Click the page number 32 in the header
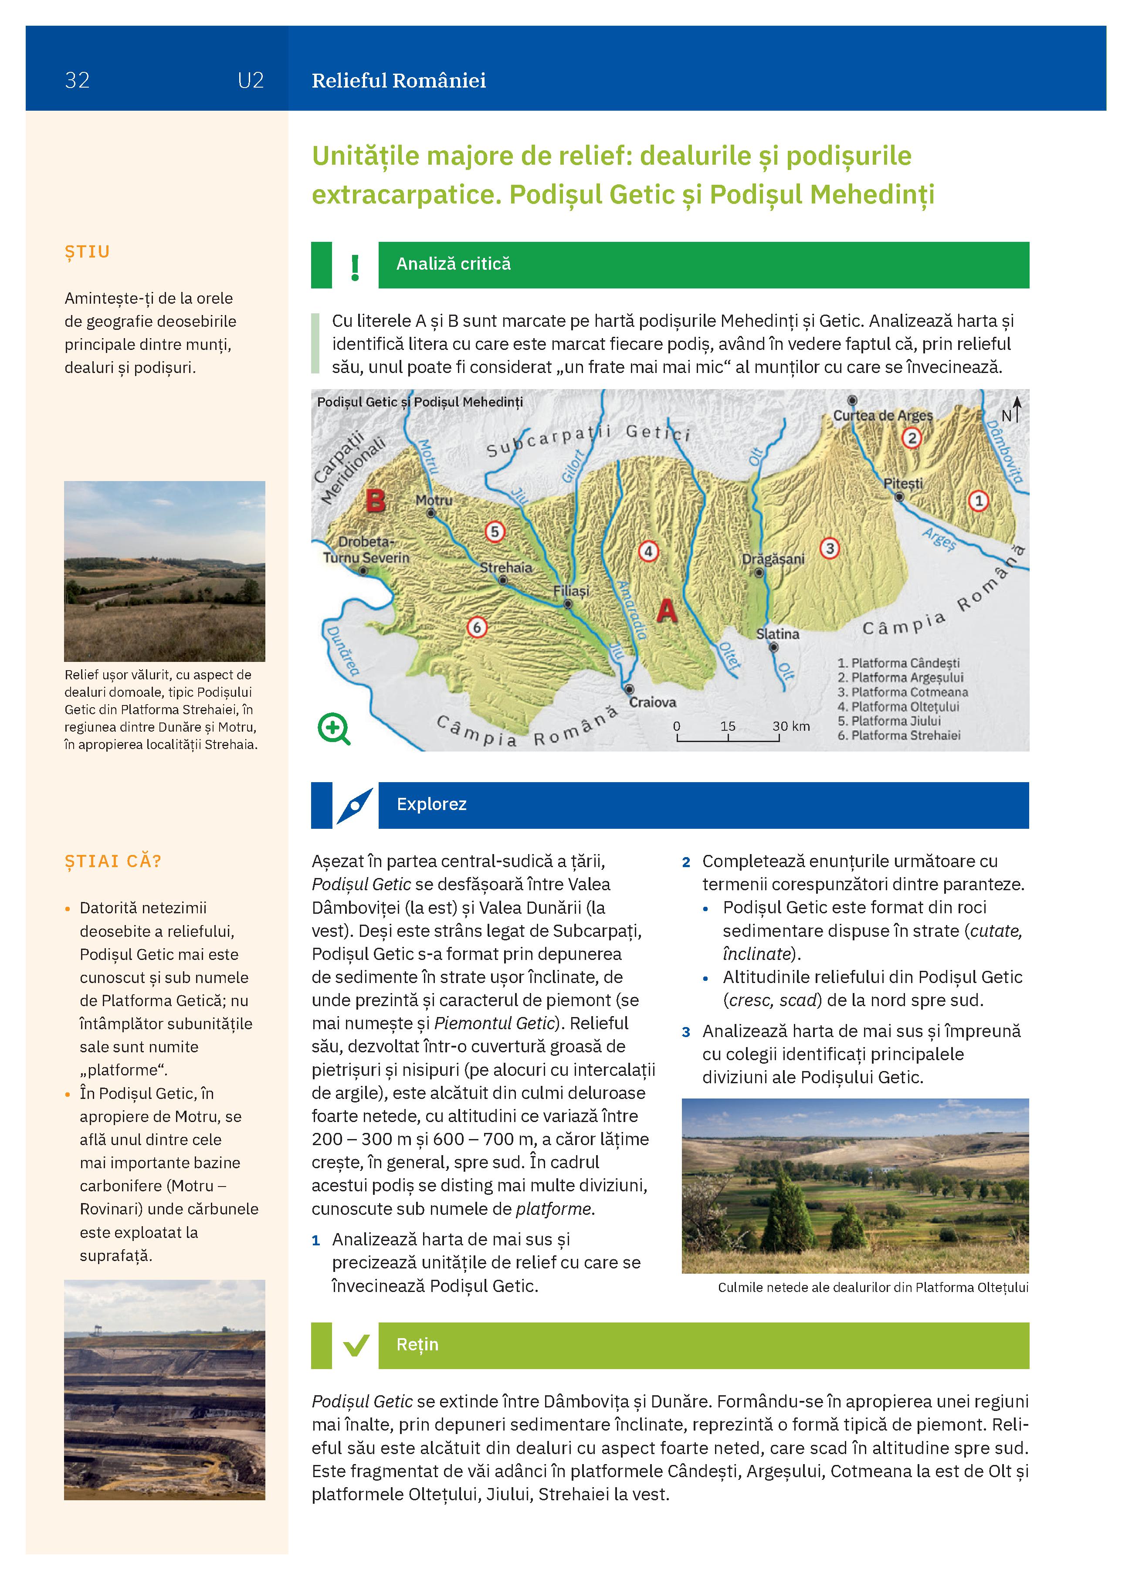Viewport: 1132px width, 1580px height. point(77,80)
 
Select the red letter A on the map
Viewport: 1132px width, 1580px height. point(667,611)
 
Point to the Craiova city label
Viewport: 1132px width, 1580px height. point(653,702)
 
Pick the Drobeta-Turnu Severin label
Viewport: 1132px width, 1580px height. point(366,549)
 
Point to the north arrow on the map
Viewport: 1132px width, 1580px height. point(1017,410)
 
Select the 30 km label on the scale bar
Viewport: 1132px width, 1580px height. point(791,726)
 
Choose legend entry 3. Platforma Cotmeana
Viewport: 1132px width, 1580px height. point(903,692)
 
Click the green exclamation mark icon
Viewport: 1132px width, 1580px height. point(355,267)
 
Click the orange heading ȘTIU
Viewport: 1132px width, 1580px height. point(88,251)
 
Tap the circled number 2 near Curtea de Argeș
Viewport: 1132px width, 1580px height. point(911,438)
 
